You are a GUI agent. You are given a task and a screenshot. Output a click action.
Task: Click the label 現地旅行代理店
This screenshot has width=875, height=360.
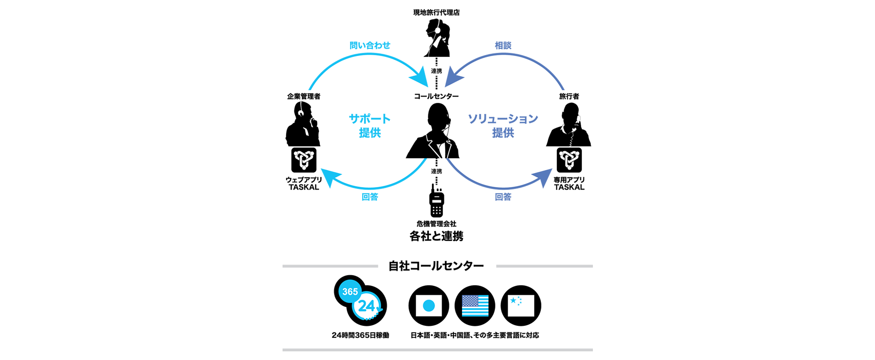tap(436, 12)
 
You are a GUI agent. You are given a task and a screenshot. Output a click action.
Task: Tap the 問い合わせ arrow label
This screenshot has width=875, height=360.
tap(370, 45)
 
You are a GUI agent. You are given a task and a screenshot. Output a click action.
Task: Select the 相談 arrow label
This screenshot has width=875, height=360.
tap(503, 45)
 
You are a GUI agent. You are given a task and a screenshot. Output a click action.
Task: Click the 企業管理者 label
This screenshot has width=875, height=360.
tap(304, 96)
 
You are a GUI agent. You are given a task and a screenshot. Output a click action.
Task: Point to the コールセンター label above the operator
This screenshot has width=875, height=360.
tap(436, 96)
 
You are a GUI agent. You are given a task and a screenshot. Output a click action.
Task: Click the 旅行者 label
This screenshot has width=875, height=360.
tap(569, 96)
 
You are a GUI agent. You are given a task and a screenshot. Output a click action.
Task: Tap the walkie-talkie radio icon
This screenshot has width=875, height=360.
tap(437, 201)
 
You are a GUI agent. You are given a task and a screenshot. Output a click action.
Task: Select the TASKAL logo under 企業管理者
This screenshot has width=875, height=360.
tap(304, 160)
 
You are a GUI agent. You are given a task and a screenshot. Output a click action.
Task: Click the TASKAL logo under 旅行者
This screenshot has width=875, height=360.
tap(569, 160)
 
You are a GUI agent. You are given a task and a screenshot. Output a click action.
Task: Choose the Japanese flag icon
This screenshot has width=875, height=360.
tap(429, 305)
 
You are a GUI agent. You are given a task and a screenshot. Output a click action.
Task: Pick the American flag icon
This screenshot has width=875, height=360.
tap(475, 305)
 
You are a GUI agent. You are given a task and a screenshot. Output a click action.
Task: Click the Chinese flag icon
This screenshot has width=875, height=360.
tap(521, 305)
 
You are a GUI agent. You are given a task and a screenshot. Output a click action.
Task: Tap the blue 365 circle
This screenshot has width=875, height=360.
tap(350, 291)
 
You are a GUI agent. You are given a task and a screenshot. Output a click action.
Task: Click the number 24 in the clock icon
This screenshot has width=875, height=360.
tap(366, 306)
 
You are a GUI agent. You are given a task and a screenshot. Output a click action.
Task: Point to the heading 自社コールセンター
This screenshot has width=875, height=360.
tap(436, 266)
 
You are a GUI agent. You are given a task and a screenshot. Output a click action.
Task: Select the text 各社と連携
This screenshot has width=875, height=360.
tap(436, 236)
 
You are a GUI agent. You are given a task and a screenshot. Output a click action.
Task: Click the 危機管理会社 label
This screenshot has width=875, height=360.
tap(436, 224)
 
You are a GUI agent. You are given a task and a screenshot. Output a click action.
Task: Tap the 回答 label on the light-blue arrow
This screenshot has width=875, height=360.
tap(370, 197)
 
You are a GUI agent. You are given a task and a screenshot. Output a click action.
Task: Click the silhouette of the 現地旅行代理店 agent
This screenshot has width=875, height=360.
tap(437, 38)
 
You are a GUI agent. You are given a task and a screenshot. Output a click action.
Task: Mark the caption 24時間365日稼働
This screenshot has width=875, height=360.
tap(360, 335)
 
